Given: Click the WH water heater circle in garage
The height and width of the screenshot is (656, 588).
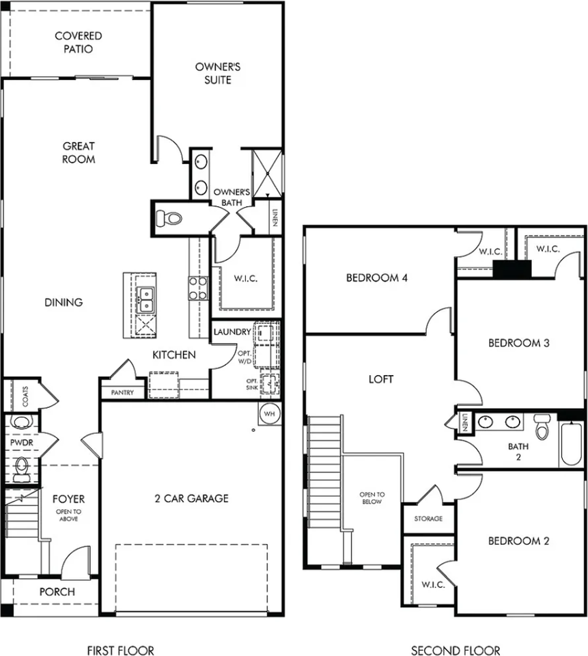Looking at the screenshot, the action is pyautogui.click(x=270, y=414).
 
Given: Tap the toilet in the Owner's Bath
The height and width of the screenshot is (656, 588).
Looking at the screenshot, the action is pyautogui.click(x=169, y=218).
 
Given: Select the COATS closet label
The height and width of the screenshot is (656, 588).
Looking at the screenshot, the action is pyautogui.click(x=25, y=396).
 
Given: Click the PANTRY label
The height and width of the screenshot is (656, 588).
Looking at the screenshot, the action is pyautogui.click(x=122, y=392).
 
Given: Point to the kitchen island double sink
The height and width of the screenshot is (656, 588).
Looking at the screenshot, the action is pyautogui.click(x=145, y=299).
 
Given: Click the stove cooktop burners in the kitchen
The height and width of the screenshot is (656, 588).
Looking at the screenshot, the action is pyautogui.click(x=198, y=288).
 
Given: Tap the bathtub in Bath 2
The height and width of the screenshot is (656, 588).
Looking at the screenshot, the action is pyautogui.click(x=572, y=444).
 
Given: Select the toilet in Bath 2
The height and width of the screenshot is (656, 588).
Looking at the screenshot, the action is pyautogui.click(x=542, y=426).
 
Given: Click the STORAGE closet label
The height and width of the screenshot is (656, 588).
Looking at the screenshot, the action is pyautogui.click(x=428, y=519).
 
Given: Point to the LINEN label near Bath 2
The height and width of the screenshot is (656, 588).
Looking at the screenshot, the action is pyautogui.click(x=464, y=422).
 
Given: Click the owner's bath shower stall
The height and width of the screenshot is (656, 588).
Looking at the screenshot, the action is pyautogui.click(x=267, y=174).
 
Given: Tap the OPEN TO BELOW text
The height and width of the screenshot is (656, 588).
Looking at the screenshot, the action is pyautogui.click(x=372, y=498).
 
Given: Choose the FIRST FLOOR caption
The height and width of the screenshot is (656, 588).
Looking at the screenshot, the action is pyautogui.click(x=120, y=650).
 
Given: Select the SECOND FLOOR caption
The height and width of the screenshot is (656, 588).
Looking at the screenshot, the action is pyautogui.click(x=456, y=650).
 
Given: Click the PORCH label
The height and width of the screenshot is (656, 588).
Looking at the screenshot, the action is pyautogui.click(x=57, y=592).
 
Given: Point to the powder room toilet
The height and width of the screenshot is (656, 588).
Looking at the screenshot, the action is pyautogui.click(x=21, y=470).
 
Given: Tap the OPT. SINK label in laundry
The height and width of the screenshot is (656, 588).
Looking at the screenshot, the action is pyautogui.click(x=252, y=385).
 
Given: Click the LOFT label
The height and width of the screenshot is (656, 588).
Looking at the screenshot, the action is pyautogui.click(x=381, y=379).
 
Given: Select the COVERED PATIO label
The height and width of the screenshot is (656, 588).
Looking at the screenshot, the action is pyautogui.click(x=79, y=42).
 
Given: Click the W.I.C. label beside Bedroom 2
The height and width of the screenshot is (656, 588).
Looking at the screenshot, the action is pyautogui.click(x=433, y=584).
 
